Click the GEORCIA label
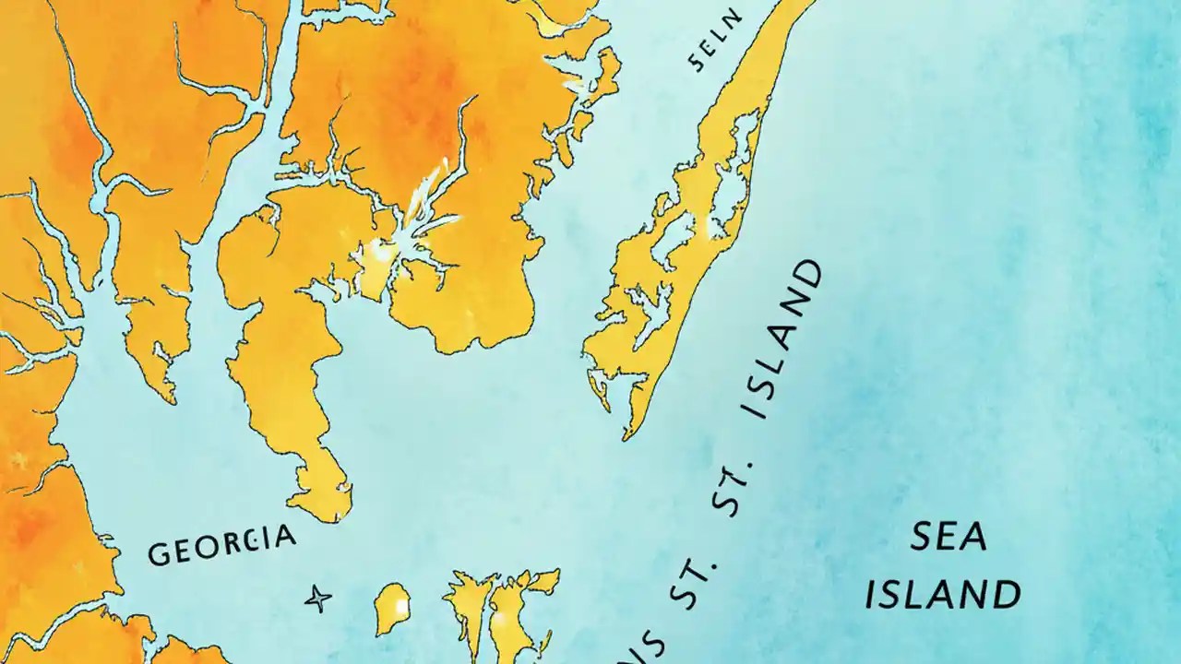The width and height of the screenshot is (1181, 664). point(222,545)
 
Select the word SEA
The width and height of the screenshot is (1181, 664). point(948,536)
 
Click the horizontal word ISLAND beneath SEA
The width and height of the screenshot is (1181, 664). point(942,595)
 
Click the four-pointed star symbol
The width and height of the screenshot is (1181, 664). point(318,599)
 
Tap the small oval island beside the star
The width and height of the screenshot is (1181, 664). point(393,608)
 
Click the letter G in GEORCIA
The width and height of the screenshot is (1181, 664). point(159,554)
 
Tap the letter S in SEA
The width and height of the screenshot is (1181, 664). point(922,536)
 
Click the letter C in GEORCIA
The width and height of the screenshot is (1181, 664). point(249,541)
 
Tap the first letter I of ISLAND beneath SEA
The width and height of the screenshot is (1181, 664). point(870,595)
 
